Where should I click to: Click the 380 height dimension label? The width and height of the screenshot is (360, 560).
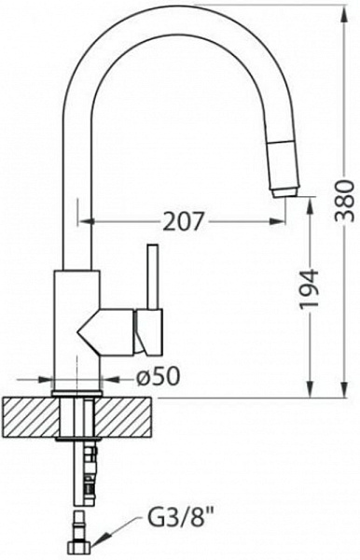pyautogui.click(x=345, y=201)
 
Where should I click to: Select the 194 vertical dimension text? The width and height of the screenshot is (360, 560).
pyautogui.click(x=308, y=289)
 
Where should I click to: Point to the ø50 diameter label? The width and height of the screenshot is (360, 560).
pyautogui.click(x=158, y=376)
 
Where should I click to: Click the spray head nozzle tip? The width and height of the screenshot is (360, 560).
pyautogui.click(x=284, y=192)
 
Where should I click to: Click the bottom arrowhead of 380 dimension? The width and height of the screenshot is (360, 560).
pyautogui.click(x=345, y=389)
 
